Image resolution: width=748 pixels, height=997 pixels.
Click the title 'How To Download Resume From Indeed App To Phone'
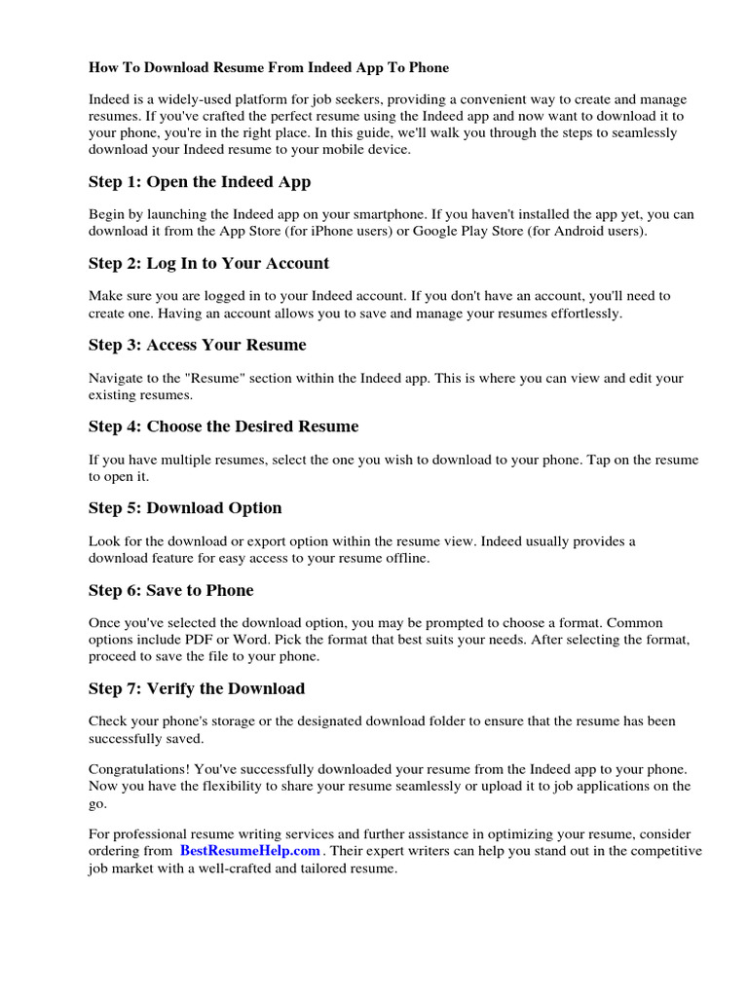269,68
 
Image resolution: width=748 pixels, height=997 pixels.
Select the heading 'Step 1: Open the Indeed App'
200,181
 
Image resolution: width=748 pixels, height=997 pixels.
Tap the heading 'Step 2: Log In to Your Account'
208,263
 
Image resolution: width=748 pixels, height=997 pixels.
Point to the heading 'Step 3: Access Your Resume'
197,345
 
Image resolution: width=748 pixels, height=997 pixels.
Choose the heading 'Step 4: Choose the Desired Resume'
223,426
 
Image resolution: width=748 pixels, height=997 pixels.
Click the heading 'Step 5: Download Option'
185,508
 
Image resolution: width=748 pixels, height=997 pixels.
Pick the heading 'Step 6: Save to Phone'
170,590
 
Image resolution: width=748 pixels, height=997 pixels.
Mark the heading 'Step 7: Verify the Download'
196,688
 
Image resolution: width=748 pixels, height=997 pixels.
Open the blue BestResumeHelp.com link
249,851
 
